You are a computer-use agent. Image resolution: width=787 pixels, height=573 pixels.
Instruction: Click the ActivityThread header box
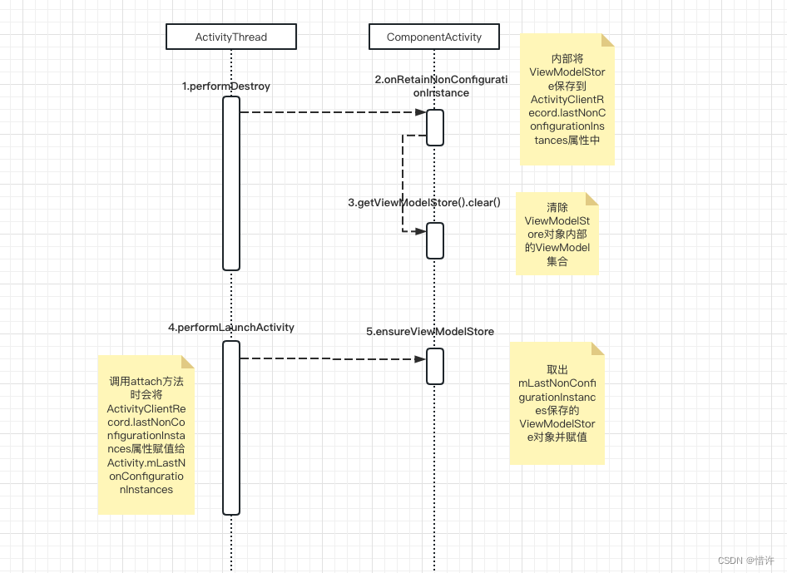[x=231, y=37]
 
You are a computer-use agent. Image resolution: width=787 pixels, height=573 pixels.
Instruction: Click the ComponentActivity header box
[x=434, y=37]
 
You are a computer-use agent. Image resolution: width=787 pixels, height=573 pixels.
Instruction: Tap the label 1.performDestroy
[x=226, y=86]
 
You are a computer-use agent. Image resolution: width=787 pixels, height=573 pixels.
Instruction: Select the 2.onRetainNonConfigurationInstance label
[x=441, y=86]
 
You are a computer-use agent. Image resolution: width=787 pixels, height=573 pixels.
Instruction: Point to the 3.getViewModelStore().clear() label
[x=424, y=202]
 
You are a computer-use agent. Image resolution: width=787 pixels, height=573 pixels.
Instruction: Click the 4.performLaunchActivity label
[x=231, y=328]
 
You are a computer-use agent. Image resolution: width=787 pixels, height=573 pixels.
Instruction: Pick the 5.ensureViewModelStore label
[x=430, y=331]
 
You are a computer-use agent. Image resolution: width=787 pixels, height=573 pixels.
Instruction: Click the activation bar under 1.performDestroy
[x=231, y=183]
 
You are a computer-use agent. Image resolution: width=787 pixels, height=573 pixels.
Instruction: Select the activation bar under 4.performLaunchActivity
[x=231, y=427]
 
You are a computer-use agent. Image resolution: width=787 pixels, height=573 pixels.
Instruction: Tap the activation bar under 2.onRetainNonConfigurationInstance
[x=435, y=127]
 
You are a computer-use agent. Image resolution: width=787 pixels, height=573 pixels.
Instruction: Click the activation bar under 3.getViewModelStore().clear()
[x=435, y=240]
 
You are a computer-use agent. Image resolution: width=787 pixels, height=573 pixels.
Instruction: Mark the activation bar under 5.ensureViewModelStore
[x=435, y=366]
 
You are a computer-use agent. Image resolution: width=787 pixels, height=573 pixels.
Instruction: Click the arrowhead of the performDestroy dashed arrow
[x=421, y=111]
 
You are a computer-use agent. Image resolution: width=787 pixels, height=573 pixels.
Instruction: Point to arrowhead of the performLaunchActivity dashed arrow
[x=421, y=358]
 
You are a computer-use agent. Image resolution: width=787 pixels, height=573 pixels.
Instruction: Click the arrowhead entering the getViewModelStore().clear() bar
[x=421, y=230]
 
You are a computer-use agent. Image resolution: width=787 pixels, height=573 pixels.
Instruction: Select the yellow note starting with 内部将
[x=567, y=99]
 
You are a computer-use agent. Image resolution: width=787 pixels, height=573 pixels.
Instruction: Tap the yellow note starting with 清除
[x=557, y=234]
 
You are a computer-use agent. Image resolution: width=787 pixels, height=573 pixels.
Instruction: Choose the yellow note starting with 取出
[x=557, y=403]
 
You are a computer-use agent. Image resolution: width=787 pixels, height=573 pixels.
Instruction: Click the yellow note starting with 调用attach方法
[x=146, y=435]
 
